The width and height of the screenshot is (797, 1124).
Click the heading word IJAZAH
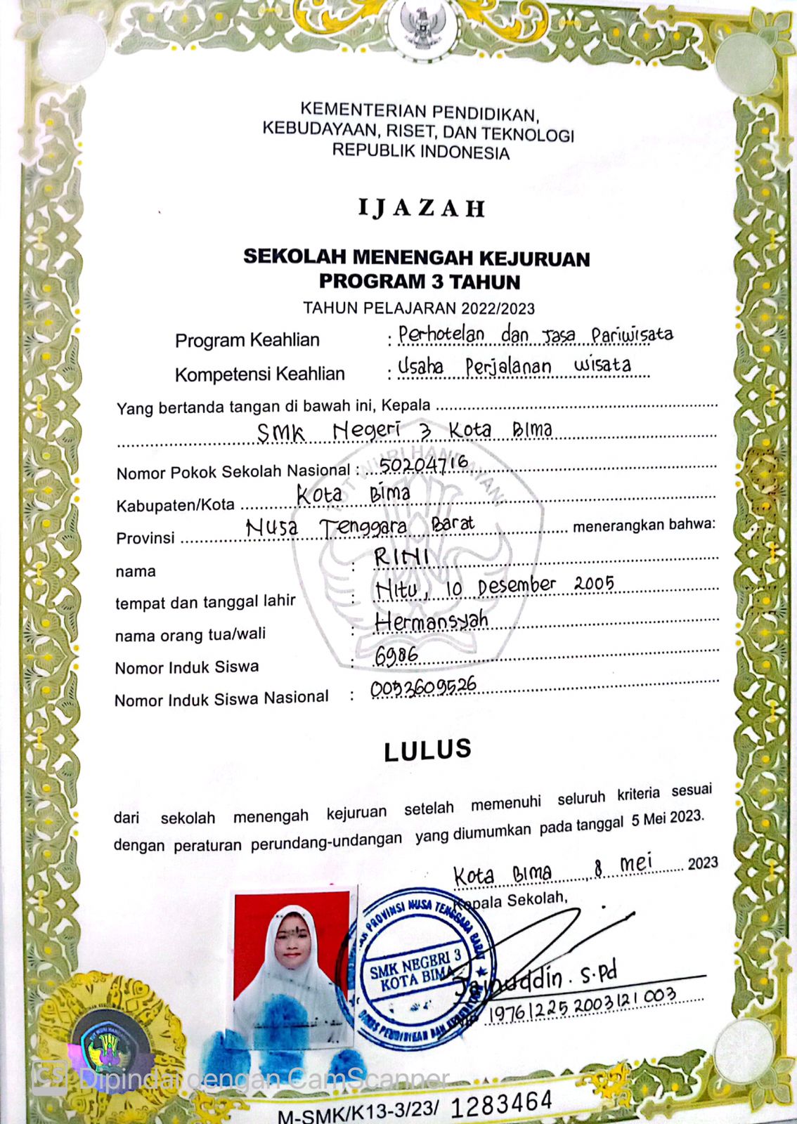coord(422,208)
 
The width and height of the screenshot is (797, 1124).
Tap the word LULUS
coord(427,750)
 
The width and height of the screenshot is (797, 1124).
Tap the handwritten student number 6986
coord(396,655)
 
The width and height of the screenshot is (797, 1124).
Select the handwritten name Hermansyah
coord(432,620)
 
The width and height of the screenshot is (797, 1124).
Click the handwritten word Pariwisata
coord(632,334)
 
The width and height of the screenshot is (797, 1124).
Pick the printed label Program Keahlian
coord(247,340)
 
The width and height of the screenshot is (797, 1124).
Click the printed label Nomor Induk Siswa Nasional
coord(221,699)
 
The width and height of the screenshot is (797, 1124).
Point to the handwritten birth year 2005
coord(594,583)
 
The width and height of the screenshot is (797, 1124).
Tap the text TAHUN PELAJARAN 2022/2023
coord(419,308)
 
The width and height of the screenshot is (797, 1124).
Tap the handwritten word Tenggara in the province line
coord(363,526)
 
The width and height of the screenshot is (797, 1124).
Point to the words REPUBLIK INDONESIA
coord(420,152)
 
